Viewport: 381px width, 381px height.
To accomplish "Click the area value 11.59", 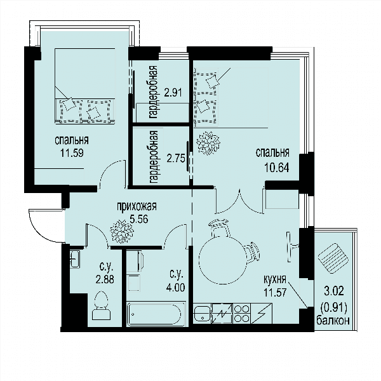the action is click(x=72, y=153).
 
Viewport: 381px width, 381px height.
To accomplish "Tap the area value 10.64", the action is click(x=277, y=168).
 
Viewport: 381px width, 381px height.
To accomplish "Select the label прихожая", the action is click(x=137, y=206).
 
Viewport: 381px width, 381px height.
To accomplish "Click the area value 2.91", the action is click(x=173, y=92).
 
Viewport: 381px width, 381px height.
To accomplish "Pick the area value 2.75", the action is click(x=176, y=158).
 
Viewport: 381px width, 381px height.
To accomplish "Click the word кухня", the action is click(x=274, y=279).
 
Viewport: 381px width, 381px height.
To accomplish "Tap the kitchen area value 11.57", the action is click(x=275, y=292).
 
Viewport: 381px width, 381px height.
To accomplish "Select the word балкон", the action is click(x=333, y=321).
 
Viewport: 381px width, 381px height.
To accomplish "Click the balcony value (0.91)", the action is click(x=333, y=309).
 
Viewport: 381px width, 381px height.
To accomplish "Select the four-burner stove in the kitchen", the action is click(x=242, y=314).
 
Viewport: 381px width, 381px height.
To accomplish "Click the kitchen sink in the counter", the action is click(x=203, y=314).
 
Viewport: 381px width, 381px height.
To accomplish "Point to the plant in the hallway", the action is click(x=122, y=231).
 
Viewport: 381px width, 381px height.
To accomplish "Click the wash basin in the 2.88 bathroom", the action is click(x=75, y=260).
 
